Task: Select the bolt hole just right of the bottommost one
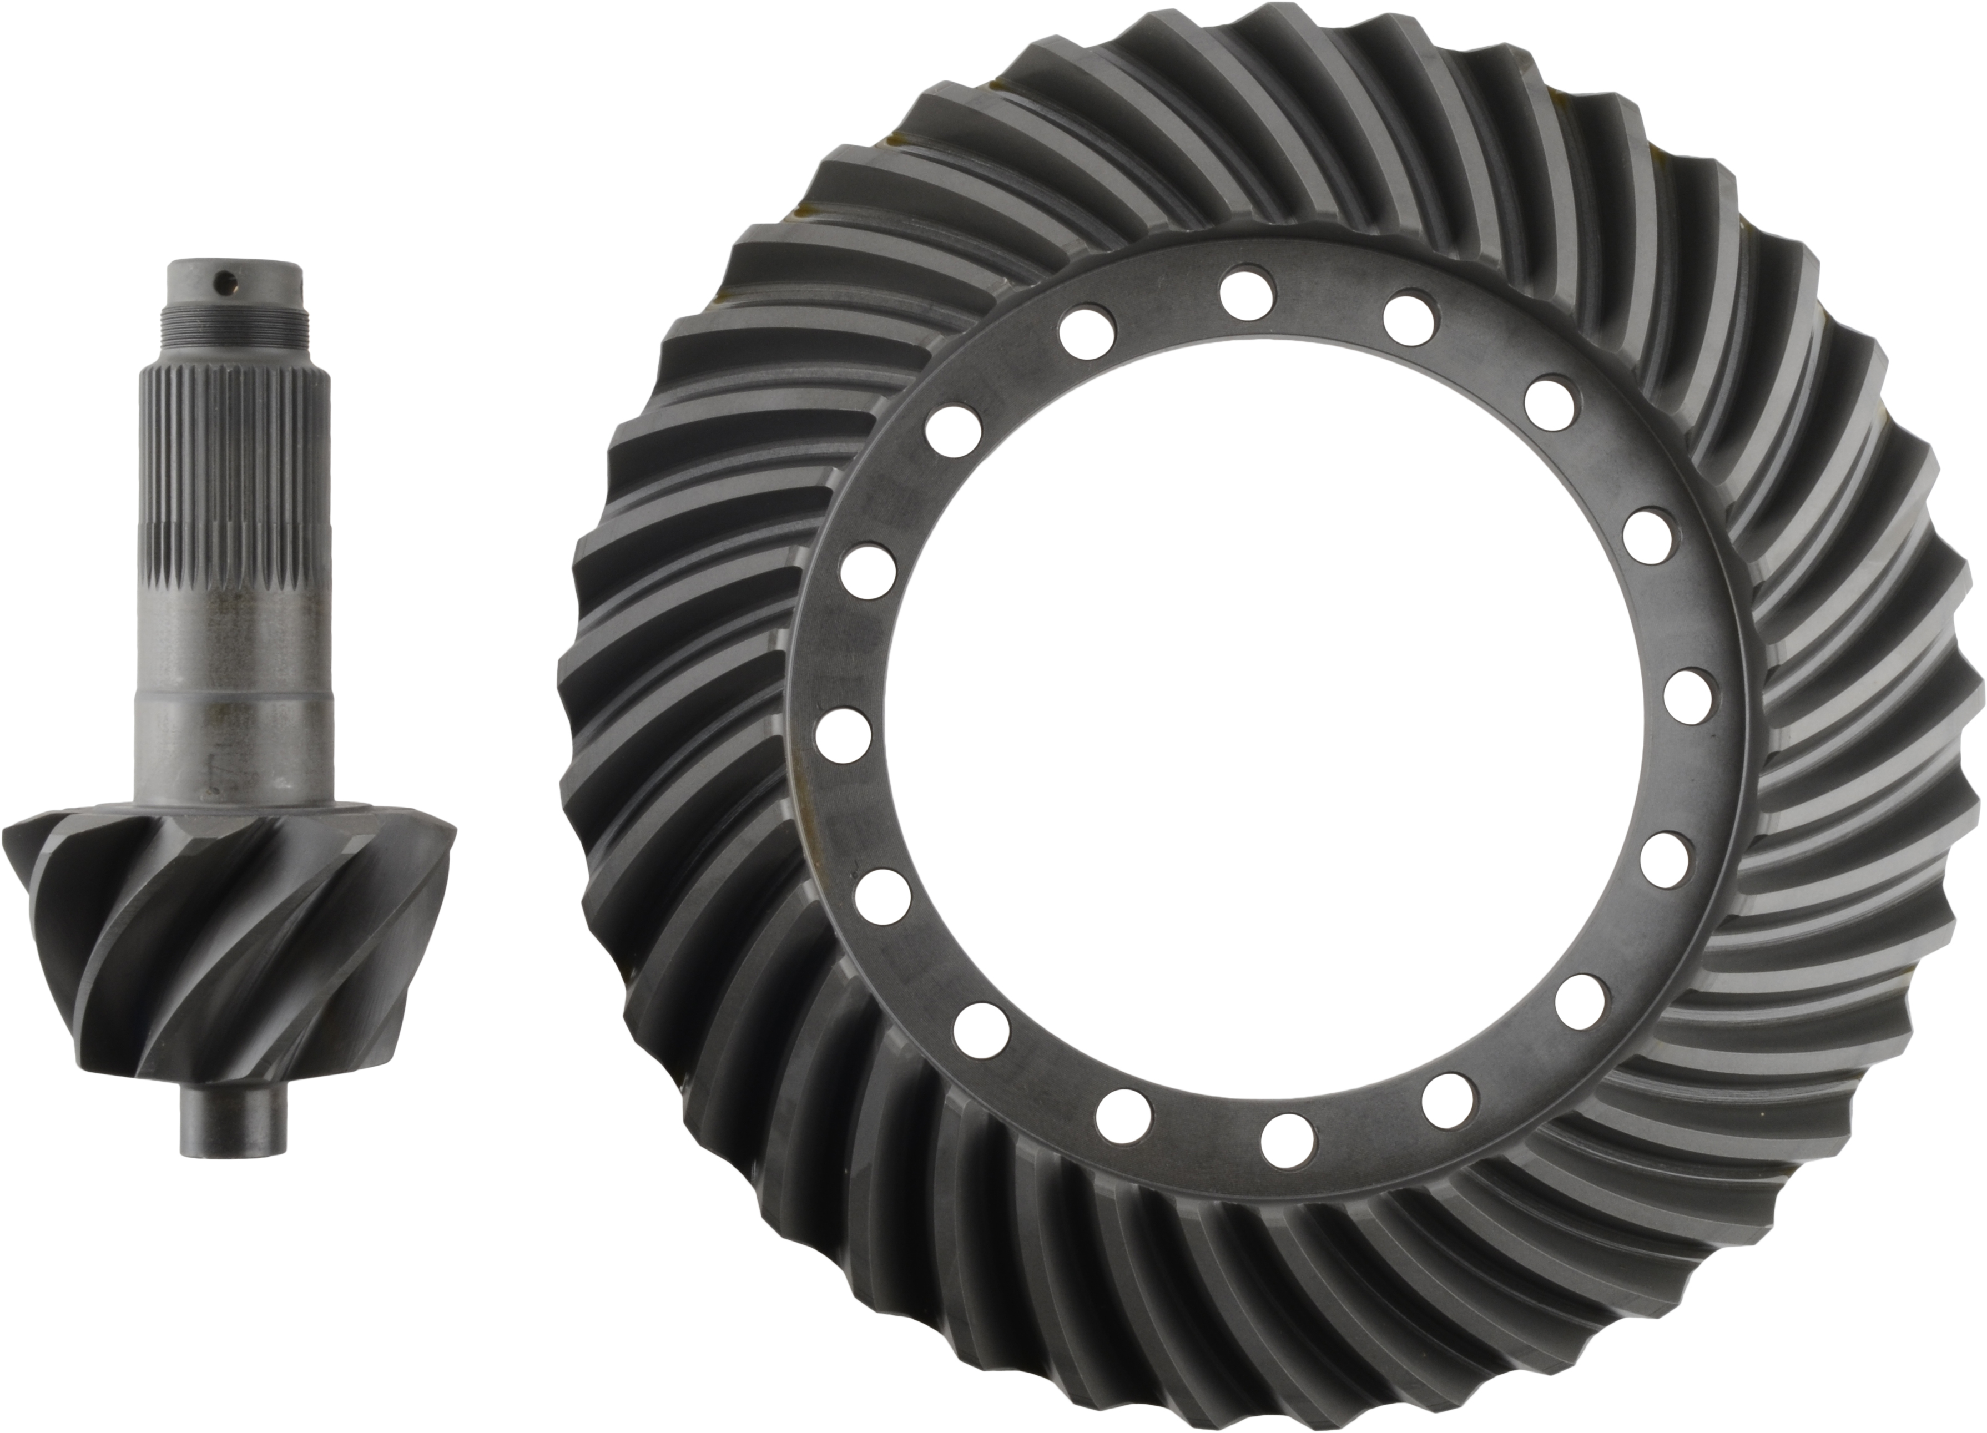click(x=1448, y=1100)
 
